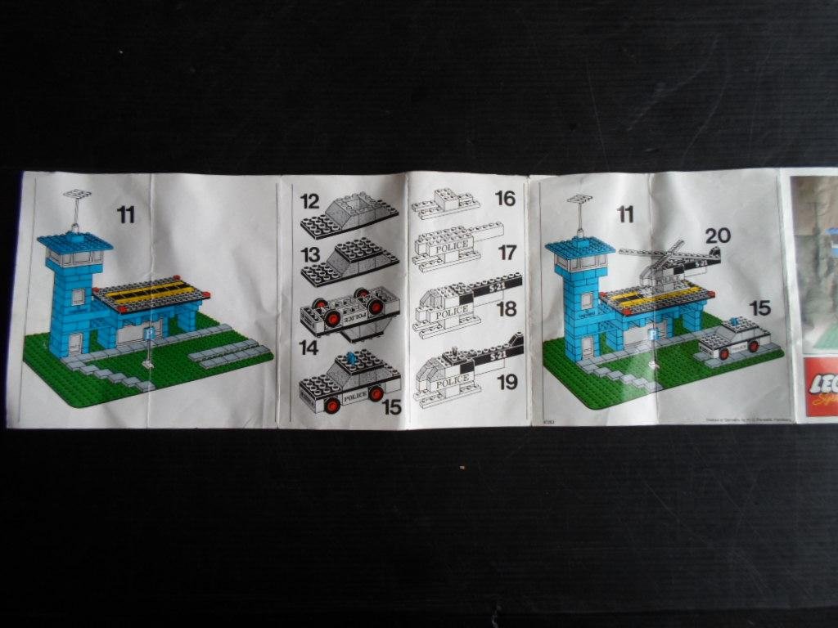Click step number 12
(x=309, y=201)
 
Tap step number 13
(x=309, y=255)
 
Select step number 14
(x=309, y=347)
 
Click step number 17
(x=507, y=253)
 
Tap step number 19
(x=507, y=382)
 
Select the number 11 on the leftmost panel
(x=125, y=215)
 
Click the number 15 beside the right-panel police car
(x=760, y=308)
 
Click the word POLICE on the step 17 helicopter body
(x=452, y=246)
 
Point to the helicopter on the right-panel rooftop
(x=667, y=262)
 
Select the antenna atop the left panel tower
(x=77, y=196)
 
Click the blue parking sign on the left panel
(x=148, y=334)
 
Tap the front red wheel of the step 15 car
(x=331, y=404)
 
